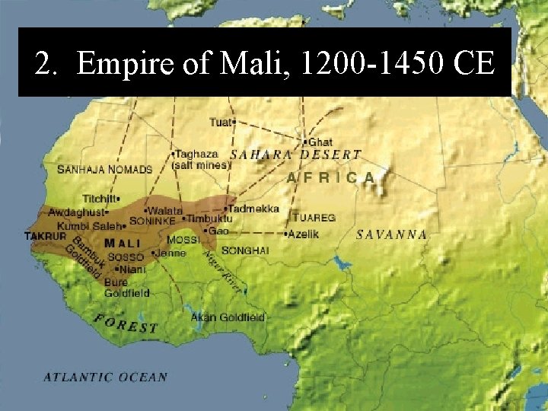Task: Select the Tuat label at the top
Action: pos(223,121)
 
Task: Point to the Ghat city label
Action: pos(320,142)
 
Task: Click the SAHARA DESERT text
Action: pos(295,154)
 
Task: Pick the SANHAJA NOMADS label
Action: pos(105,170)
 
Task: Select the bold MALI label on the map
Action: pos(123,244)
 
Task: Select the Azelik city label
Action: pos(302,234)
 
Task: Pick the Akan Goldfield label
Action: pos(228,316)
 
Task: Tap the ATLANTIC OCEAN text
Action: pos(105,377)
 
